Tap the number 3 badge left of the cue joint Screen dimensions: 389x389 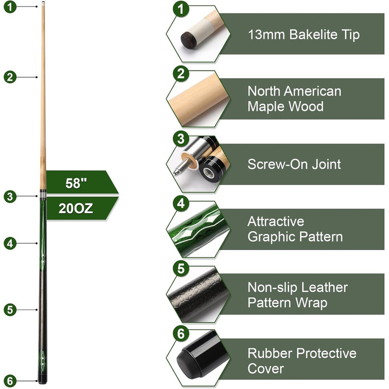point(9,196)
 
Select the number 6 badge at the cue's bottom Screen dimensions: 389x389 point(9,381)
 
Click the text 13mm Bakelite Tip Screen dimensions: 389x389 point(303,34)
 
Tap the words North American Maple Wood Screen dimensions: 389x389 point(294,98)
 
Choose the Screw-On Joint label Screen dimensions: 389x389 point(294,164)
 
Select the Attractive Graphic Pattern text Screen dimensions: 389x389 point(295,229)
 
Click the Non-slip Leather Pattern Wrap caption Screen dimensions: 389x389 point(297,295)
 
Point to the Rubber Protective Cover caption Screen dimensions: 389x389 point(301,361)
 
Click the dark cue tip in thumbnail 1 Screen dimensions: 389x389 point(187,40)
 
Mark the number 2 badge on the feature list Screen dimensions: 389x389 point(179,74)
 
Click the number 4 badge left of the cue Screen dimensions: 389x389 point(9,243)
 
